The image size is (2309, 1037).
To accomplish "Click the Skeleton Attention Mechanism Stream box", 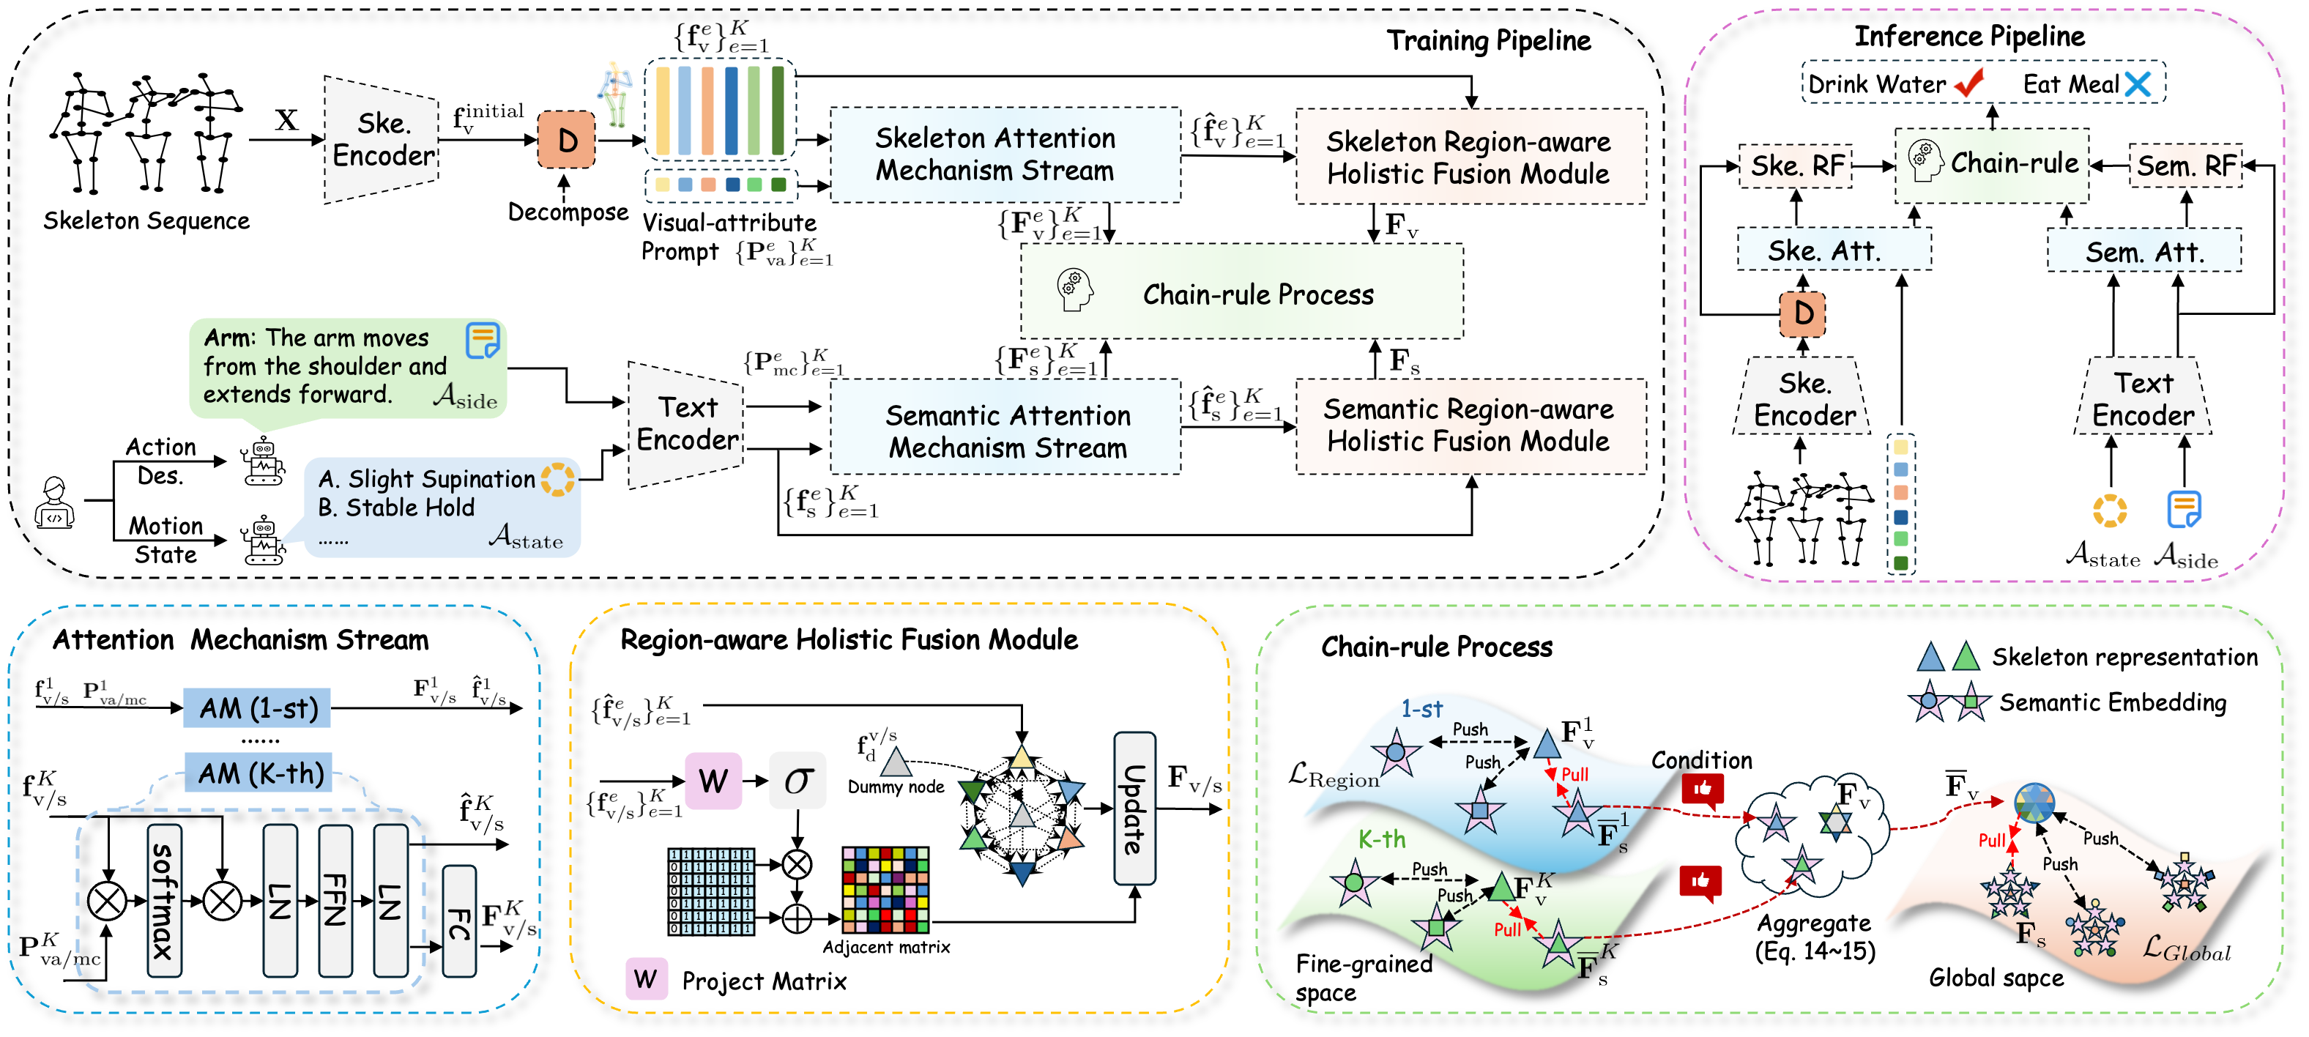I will [x=1004, y=155].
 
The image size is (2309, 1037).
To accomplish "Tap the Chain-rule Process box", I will [x=1241, y=292].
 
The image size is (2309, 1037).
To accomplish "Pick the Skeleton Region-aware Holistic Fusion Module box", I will [x=1470, y=157].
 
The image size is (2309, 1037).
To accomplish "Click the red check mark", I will [x=1968, y=83].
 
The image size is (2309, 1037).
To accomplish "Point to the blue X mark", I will [x=2138, y=84].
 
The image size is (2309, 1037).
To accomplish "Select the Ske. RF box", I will [x=1796, y=166].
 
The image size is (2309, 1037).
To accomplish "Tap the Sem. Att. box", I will [x=2143, y=251].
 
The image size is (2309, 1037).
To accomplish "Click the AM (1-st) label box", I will [x=257, y=708].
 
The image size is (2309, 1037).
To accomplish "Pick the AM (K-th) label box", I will [x=259, y=773].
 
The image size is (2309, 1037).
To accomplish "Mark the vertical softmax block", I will [x=164, y=900].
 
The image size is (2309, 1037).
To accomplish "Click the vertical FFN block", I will [x=335, y=900].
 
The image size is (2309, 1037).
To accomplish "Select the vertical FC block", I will [x=459, y=921].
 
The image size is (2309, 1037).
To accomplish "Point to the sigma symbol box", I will [x=797, y=781].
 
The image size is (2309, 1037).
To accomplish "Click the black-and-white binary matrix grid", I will [x=711, y=892].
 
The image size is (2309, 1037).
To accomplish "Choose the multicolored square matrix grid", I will [x=885, y=890].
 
